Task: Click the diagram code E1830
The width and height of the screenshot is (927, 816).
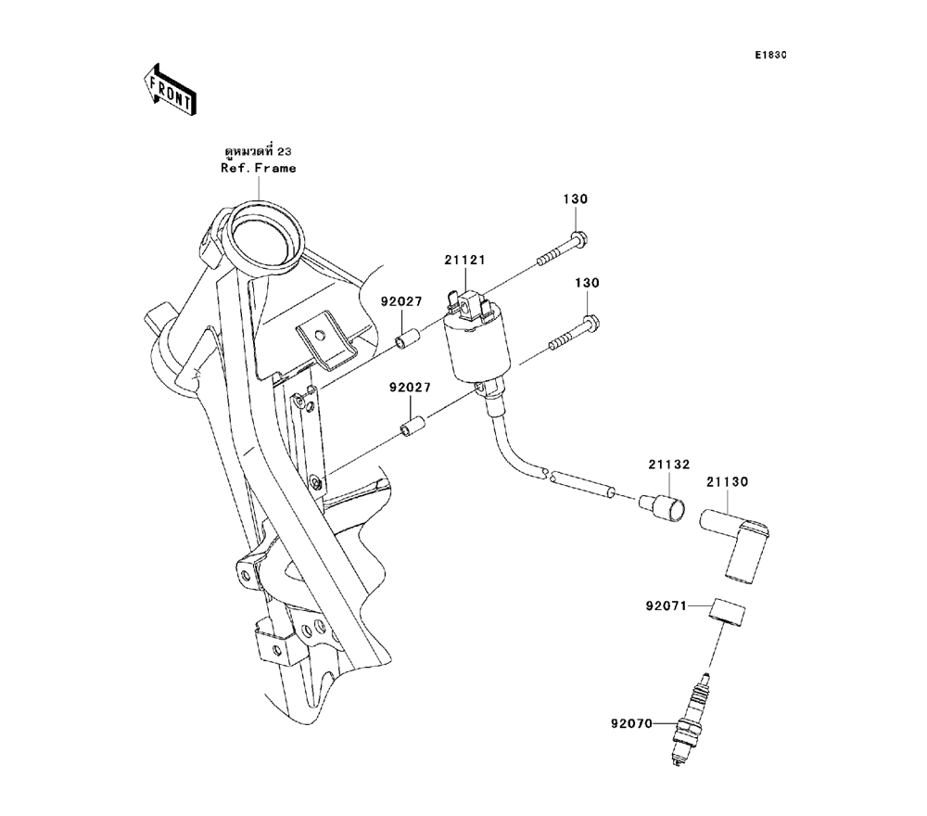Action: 770,56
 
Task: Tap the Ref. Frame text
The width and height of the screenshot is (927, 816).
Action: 259,168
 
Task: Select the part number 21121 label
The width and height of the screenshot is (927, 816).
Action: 464,261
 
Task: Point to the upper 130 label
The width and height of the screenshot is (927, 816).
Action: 576,199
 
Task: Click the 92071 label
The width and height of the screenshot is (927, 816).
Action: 666,608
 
